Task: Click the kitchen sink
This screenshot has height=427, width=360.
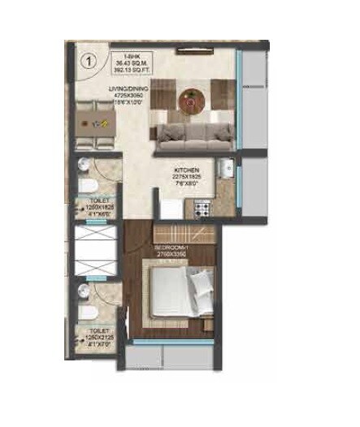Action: click(229, 171)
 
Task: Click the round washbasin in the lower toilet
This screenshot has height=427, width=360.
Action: click(82, 289)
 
